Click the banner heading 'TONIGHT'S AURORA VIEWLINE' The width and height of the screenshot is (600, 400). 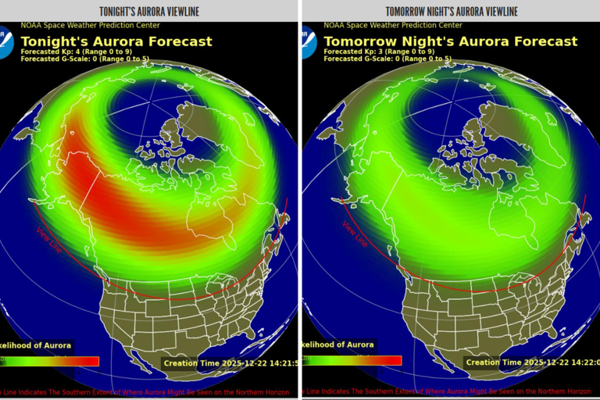coord(149,11)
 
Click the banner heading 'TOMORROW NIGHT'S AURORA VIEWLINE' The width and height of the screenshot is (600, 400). coord(451,11)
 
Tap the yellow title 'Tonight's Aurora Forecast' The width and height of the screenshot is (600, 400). coord(116,41)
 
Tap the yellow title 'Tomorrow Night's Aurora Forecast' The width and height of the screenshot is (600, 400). coord(451,41)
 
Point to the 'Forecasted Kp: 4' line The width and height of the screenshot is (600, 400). coord(76,52)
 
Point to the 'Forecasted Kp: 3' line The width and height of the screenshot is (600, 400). coord(379,52)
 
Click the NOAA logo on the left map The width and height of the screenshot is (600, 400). coord(6,39)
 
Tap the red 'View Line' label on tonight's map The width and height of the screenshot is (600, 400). coord(49,239)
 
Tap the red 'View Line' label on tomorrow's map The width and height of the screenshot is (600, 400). coord(354,234)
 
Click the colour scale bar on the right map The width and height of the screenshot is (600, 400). coord(352,361)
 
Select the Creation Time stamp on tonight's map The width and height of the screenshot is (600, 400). coord(230,363)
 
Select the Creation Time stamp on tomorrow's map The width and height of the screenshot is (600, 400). coord(531,362)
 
